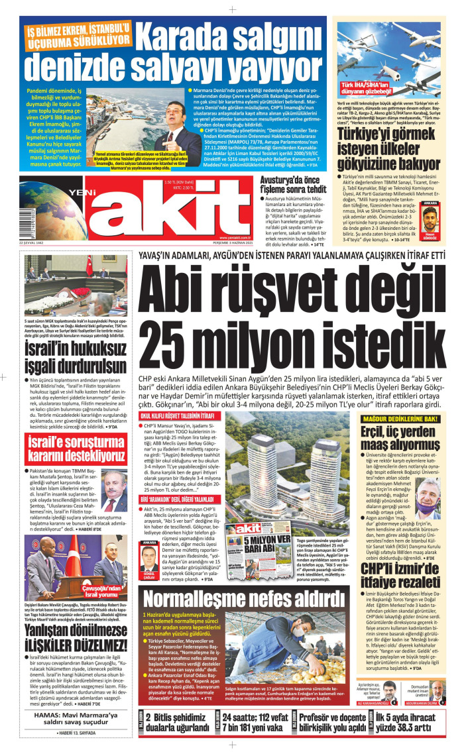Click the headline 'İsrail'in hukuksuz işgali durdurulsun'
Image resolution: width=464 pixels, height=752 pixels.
[69, 358]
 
